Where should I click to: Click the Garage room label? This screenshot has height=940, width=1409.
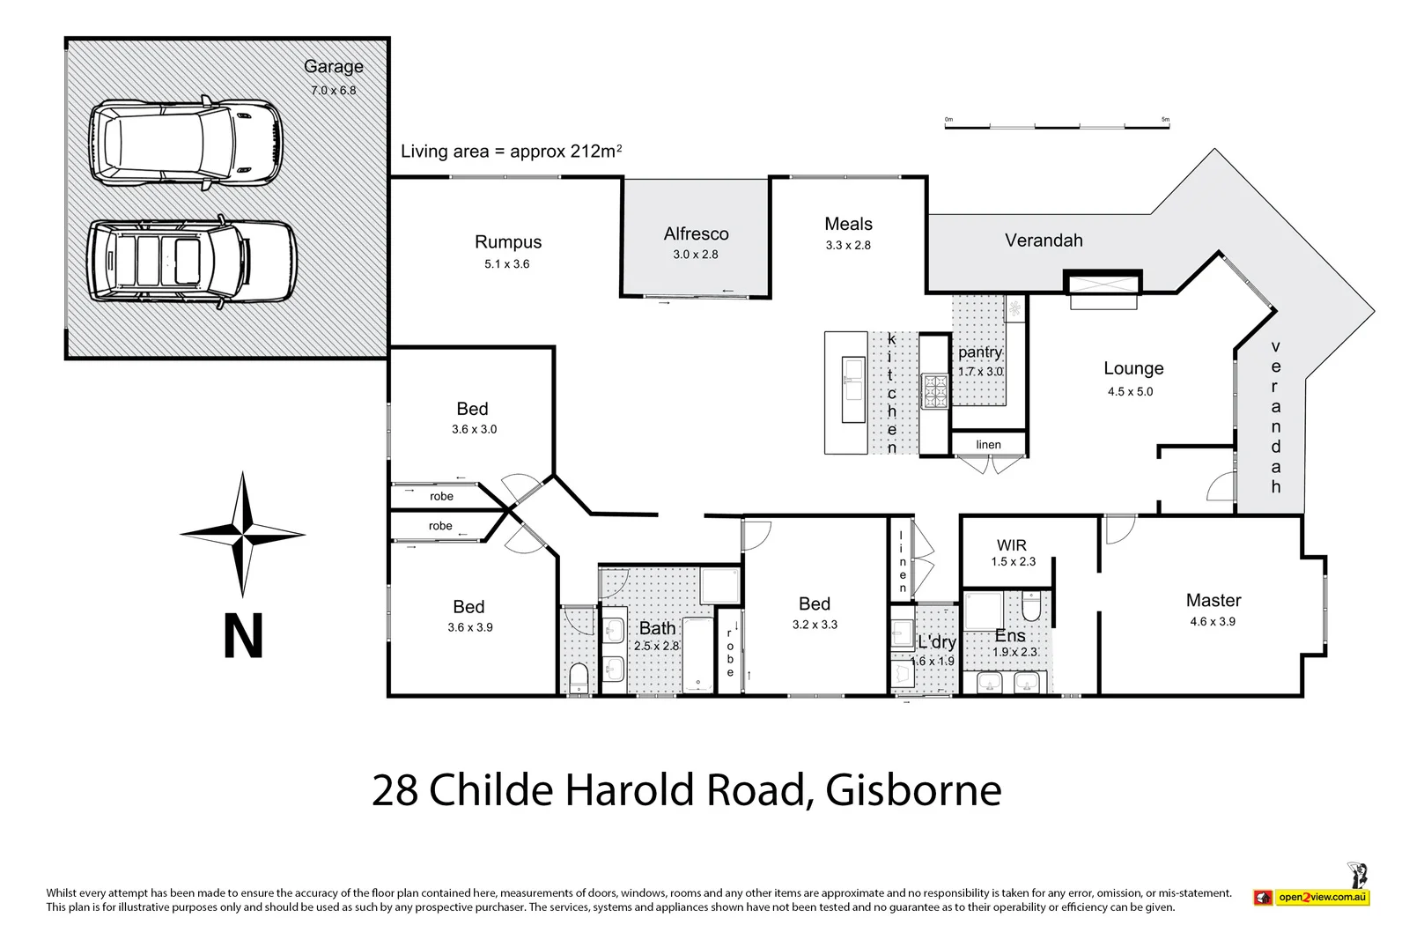click(333, 67)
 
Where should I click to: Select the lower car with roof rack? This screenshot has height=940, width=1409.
click(193, 264)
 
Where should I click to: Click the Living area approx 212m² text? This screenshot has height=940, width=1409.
click(511, 152)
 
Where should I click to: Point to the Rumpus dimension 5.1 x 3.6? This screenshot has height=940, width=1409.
click(507, 263)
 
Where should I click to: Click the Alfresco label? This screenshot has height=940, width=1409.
click(696, 234)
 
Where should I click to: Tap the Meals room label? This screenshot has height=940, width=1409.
click(848, 224)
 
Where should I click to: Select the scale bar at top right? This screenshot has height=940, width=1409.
click(1057, 124)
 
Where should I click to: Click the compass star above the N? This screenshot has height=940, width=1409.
click(242, 534)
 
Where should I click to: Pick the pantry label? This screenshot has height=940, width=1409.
click(979, 352)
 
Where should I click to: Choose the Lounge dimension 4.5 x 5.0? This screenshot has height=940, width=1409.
click(1130, 392)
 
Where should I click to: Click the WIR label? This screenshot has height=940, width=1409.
click(1012, 545)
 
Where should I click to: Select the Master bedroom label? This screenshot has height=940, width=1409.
click(1213, 601)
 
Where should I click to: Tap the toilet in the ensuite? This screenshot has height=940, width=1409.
click(1031, 607)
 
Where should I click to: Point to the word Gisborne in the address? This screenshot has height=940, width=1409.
click(913, 790)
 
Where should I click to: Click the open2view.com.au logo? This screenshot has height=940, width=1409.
click(1311, 897)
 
